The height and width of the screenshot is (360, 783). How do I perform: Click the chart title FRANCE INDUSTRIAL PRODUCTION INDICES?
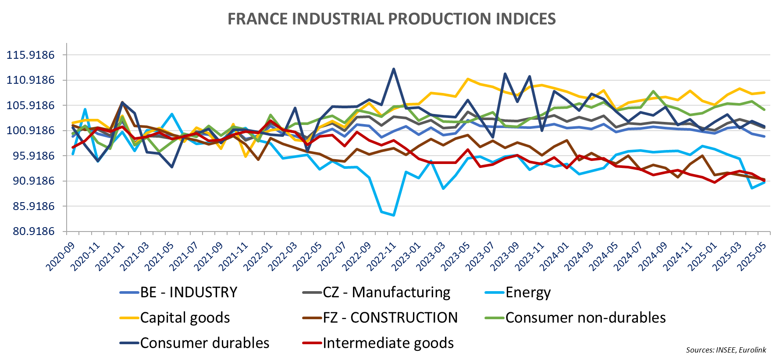coord(391,19)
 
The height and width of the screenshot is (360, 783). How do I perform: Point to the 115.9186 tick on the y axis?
coord(31,55)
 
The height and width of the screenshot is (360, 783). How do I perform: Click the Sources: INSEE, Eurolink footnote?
coord(726,350)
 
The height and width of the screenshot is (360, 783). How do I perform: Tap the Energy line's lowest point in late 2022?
coord(394,215)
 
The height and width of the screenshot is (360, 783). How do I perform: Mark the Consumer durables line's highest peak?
coord(394,69)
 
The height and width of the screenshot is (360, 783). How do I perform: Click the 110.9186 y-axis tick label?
coord(31,80)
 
